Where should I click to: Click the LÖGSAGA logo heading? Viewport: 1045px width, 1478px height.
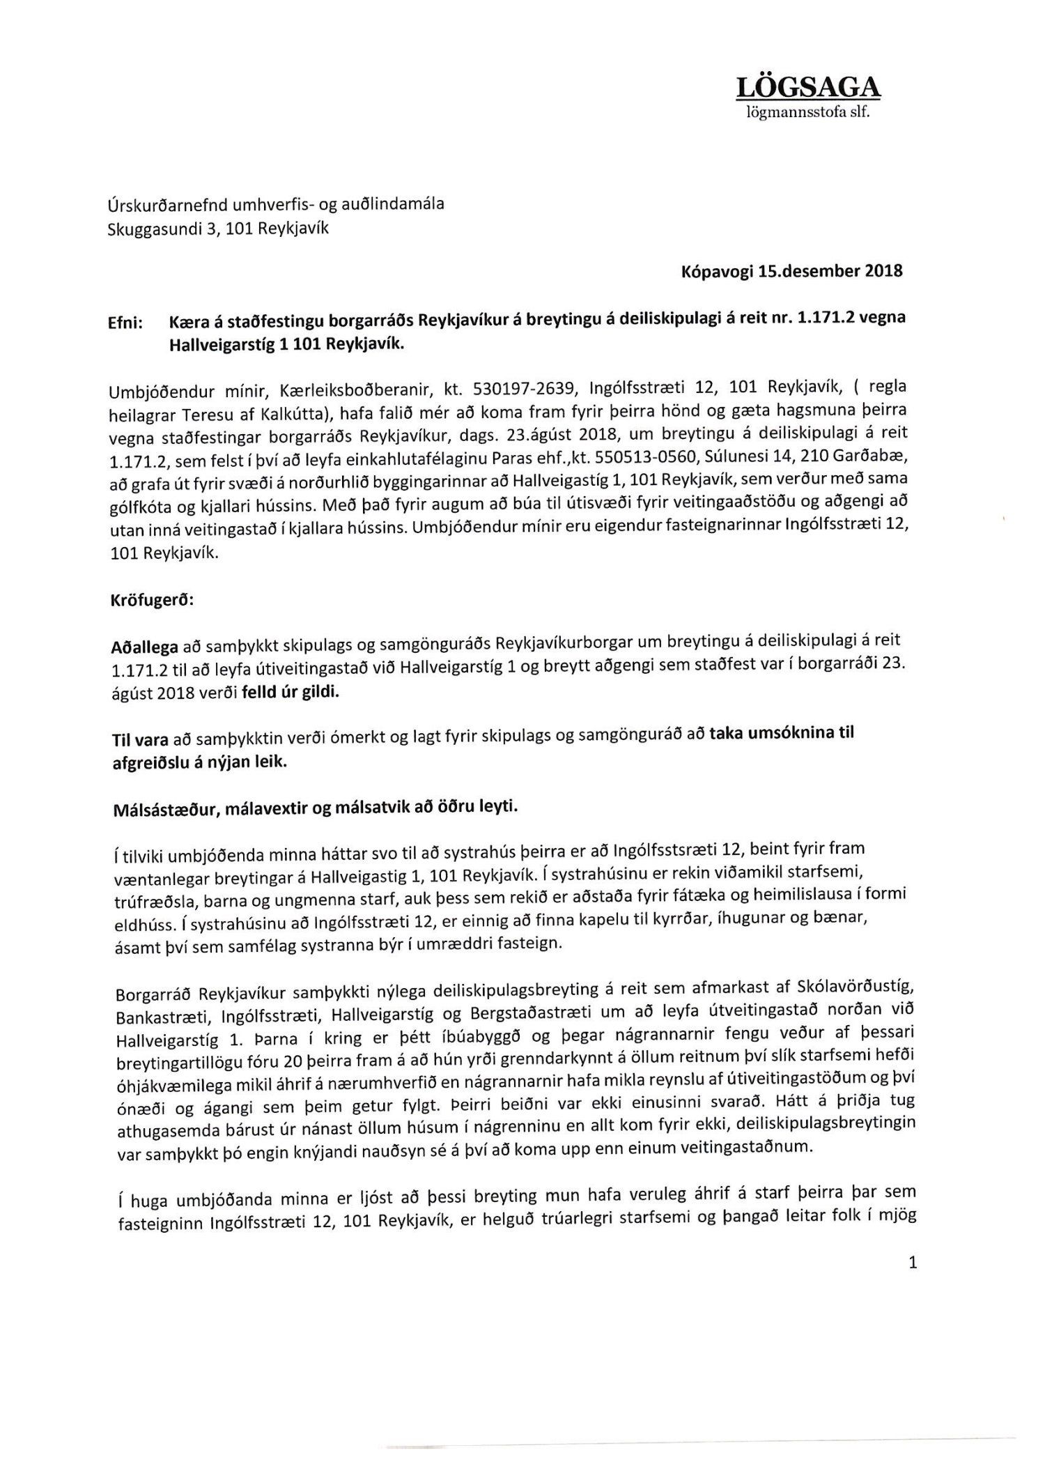[808, 88]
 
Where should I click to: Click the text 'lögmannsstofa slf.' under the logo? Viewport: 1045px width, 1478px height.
[808, 112]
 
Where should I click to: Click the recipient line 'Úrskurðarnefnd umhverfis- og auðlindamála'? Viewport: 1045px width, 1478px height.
[277, 205]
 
